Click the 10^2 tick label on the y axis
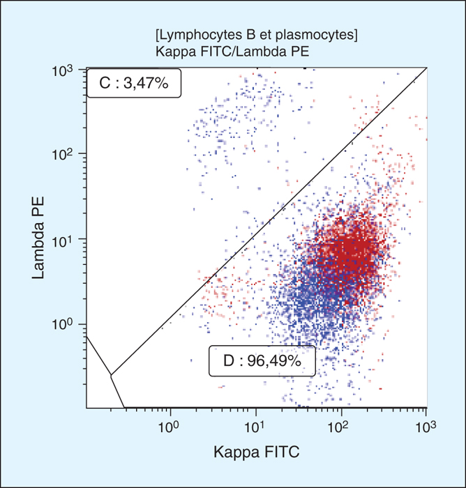(x=65, y=155)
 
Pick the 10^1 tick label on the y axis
(x=65, y=241)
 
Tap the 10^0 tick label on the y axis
(x=65, y=326)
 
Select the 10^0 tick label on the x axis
(x=170, y=422)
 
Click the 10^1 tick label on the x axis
(x=255, y=422)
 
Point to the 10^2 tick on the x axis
(x=340, y=422)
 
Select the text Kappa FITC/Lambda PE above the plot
(x=234, y=50)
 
